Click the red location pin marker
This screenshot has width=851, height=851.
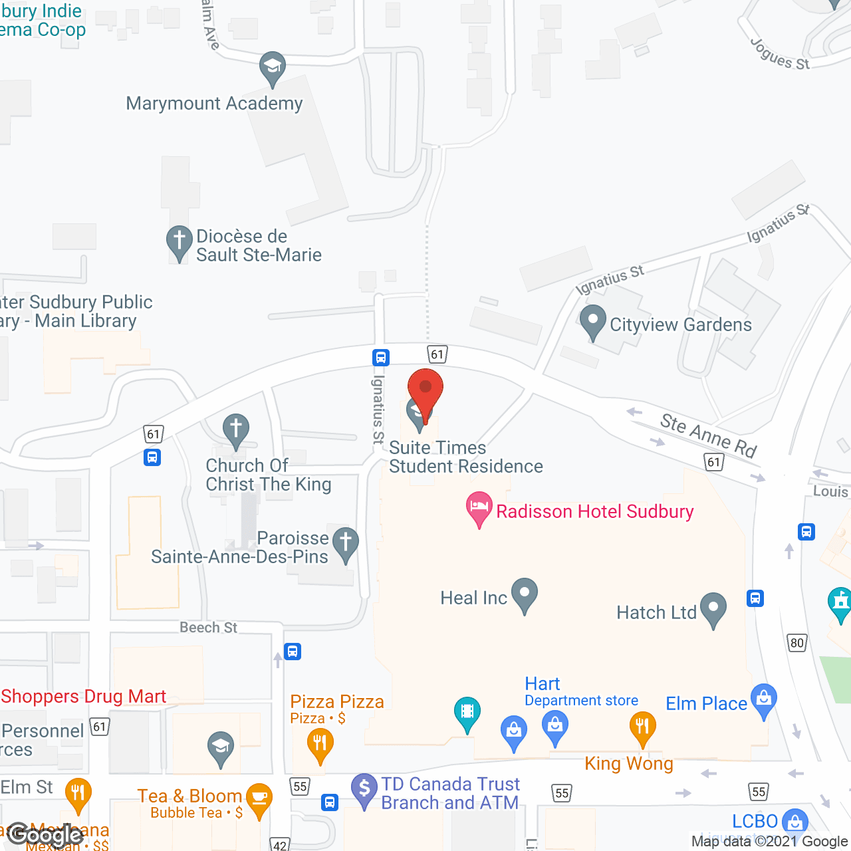(425, 392)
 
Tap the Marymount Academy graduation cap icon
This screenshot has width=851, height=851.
(272, 67)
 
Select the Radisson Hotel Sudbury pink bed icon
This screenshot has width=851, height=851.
(479, 508)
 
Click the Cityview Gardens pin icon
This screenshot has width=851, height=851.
(592, 322)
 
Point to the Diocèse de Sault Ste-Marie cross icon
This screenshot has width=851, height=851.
(179, 243)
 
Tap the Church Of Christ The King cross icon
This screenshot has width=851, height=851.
(235, 430)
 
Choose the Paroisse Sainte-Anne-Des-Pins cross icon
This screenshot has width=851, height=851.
(345, 544)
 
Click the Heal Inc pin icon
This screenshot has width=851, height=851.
(525, 594)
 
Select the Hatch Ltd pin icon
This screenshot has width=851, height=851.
(713, 609)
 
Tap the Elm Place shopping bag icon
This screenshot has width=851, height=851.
(764, 700)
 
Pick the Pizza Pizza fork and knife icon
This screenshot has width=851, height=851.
(320, 744)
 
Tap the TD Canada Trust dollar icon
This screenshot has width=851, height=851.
(364, 790)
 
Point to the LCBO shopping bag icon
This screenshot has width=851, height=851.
(794, 822)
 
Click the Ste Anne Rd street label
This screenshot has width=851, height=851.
(708, 435)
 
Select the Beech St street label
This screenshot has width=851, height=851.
(208, 628)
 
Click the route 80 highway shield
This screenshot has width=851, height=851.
(796, 643)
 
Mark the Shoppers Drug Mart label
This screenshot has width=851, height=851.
(84, 696)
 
